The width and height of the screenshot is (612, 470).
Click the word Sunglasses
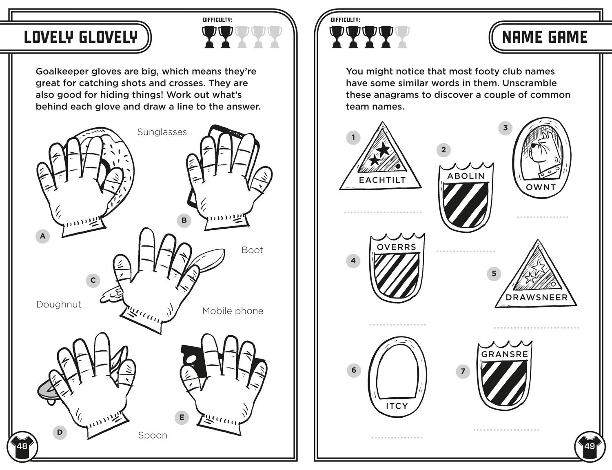click(x=162, y=132)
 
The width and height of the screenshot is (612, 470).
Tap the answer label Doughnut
click(x=59, y=304)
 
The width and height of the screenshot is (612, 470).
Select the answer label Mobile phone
click(x=233, y=311)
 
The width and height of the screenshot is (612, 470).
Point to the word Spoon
click(x=153, y=435)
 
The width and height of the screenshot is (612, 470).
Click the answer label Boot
click(x=252, y=250)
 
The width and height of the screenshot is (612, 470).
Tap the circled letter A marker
click(x=43, y=236)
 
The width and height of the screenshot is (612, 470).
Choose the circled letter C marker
click(x=93, y=280)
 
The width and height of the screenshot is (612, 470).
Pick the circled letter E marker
click(x=182, y=417)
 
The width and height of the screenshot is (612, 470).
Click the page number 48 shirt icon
click(x=22, y=446)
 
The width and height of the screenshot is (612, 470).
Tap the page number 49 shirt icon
click(x=590, y=446)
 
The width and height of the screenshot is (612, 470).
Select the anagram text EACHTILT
click(x=382, y=180)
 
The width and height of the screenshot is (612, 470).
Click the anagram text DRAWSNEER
click(x=537, y=298)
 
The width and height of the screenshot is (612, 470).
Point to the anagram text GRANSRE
click(x=505, y=354)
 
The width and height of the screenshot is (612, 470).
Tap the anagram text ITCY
click(x=397, y=406)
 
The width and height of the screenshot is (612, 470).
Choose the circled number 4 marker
click(x=353, y=261)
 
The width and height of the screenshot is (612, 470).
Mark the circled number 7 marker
click(x=463, y=371)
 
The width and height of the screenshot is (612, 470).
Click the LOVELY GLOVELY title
click(x=81, y=37)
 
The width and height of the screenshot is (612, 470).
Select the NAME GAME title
click(x=545, y=37)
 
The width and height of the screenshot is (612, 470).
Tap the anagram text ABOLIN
click(x=466, y=176)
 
